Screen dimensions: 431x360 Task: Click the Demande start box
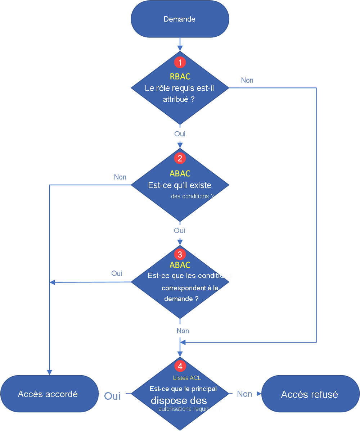click(x=180, y=19)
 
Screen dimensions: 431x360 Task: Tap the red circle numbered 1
click(x=180, y=62)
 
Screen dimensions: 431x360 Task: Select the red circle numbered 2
click(x=180, y=158)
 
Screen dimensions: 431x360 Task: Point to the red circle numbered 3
click(x=180, y=255)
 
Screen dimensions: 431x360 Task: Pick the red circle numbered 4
click(x=180, y=366)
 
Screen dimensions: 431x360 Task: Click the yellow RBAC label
click(x=180, y=76)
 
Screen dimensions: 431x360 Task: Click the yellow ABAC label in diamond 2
click(x=180, y=173)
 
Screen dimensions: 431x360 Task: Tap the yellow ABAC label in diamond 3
click(x=180, y=265)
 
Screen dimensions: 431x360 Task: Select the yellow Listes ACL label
click(x=187, y=378)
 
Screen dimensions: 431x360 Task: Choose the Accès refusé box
click(x=310, y=394)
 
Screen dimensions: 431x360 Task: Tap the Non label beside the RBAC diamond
click(x=247, y=80)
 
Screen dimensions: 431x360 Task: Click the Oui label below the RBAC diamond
click(x=180, y=134)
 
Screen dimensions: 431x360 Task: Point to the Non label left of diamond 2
click(x=120, y=177)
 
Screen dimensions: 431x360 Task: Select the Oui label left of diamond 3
click(x=117, y=273)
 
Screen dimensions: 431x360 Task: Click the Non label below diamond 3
click(x=183, y=331)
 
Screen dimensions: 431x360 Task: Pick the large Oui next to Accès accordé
click(x=112, y=396)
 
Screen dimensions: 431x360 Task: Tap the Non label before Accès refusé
click(x=244, y=394)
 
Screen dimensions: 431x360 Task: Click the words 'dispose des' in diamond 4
click(x=179, y=401)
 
